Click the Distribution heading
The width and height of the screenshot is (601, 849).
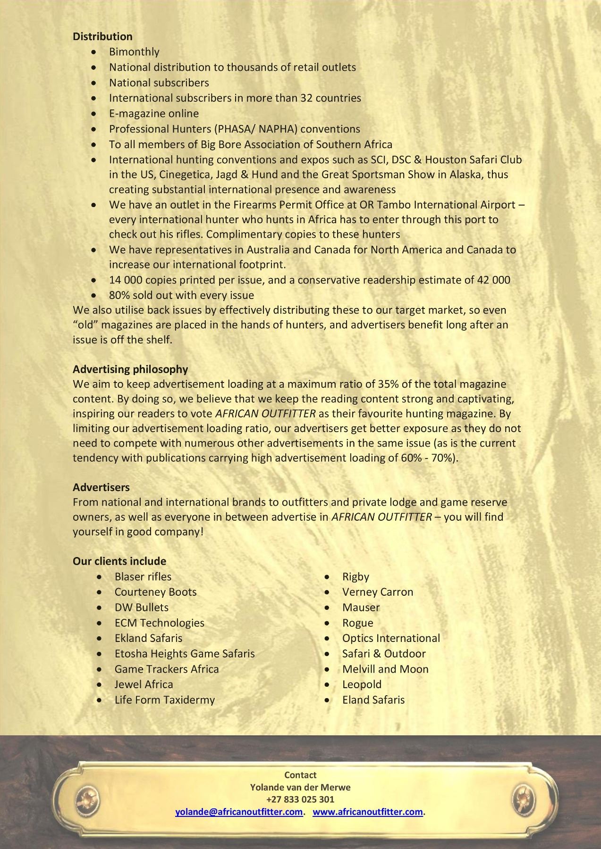coord(102,36)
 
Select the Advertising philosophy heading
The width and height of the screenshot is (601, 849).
coord(130,369)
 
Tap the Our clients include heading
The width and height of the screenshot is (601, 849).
coord(119,561)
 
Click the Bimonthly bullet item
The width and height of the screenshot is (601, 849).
coord(134,52)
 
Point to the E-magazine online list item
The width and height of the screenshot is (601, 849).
coord(154,113)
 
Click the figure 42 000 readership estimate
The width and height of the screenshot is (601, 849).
coord(494,280)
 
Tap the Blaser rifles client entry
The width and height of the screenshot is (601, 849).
coord(143,576)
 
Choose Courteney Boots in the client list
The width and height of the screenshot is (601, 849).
coord(155,592)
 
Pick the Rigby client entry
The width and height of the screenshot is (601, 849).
coord(356,576)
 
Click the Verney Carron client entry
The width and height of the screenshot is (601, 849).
coord(378,592)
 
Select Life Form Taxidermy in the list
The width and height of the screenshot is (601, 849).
coord(164,699)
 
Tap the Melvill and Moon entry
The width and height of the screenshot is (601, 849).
coord(385,669)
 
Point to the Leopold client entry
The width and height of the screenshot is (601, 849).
coord(362,684)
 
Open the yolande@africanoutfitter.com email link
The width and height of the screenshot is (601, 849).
coord(239,812)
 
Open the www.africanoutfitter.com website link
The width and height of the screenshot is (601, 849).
coord(368,812)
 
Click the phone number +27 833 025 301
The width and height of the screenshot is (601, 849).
coord(300,799)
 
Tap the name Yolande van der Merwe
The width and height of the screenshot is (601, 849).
coord(300,787)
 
